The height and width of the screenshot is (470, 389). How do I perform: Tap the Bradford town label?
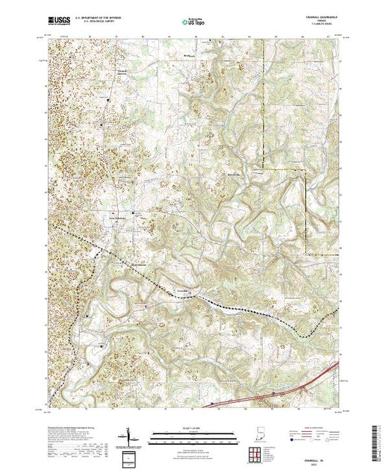tap(184, 54)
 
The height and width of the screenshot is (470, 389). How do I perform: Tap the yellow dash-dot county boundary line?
tap(306, 209)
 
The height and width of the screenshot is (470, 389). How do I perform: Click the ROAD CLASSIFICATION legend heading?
tap(317, 427)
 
